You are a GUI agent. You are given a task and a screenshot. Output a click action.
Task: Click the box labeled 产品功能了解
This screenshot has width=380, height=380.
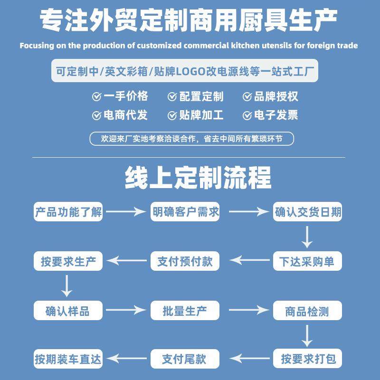pyautogui.click(x=68, y=212)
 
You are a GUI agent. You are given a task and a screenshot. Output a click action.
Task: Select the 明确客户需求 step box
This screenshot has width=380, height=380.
pyautogui.click(x=185, y=212)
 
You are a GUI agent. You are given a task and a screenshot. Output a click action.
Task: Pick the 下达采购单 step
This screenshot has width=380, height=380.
pyautogui.click(x=307, y=261)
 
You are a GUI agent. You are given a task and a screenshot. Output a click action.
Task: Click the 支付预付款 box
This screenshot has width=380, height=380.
pyautogui.click(x=185, y=261)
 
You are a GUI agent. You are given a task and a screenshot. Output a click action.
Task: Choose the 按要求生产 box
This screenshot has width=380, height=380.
pyautogui.click(x=68, y=261)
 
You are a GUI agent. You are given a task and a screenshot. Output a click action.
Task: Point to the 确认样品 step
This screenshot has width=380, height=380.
pyautogui.click(x=68, y=311)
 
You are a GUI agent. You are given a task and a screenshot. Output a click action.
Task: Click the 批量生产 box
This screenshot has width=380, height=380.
pyautogui.click(x=185, y=311)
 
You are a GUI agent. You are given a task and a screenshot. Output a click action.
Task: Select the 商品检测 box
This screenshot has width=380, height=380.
pyautogui.click(x=307, y=311)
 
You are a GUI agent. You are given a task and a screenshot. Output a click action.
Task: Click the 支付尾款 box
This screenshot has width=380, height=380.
pyautogui.click(x=185, y=359)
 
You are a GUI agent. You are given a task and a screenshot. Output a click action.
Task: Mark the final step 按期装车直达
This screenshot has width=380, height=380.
pyautogui.click(x=68, y=359)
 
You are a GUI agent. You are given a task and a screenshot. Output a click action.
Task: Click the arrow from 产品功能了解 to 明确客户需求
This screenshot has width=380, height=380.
pyautogui.click(x=126, y=212)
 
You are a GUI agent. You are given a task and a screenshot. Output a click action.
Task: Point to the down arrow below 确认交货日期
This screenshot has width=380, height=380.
pyautogui.click(x=307, y=237)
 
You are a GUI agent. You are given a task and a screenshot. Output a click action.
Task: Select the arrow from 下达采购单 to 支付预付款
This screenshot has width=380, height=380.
pyautogui.click(x=249, y=261)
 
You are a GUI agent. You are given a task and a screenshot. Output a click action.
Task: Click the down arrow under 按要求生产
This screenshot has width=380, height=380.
pyautogui.click(x=67, y=286)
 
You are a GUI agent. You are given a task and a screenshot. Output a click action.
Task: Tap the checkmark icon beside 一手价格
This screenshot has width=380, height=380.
pyautogui.click(x=96, y=97)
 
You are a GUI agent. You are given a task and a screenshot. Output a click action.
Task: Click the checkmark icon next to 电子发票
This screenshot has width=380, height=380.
pyautogui.click(x=247, y=115)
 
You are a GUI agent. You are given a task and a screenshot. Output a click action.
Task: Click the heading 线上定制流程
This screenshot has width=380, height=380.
pyautogui.click(x=198, y=178)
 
